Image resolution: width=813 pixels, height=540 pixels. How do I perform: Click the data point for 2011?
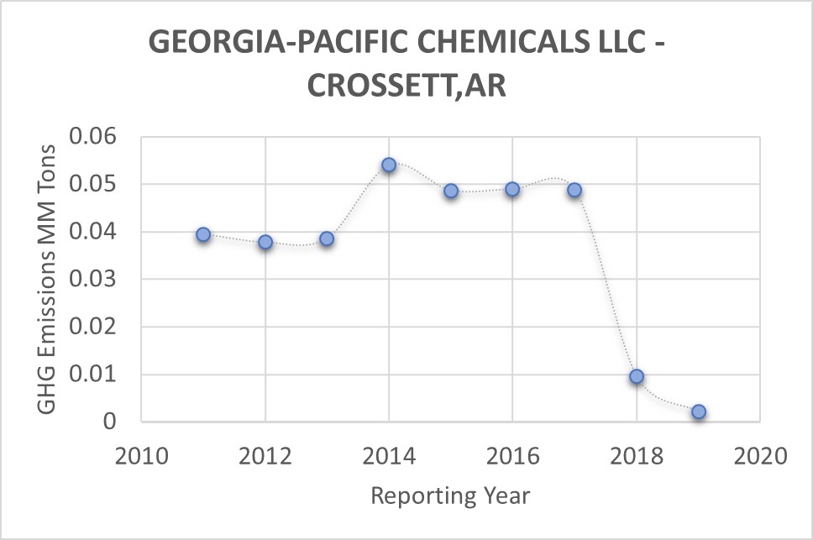point(203,234)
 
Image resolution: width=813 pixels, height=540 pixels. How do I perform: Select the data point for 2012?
point(265,242)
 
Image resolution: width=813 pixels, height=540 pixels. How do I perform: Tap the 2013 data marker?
point(327,239)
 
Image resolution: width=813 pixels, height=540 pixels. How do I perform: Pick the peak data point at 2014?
point(389,165)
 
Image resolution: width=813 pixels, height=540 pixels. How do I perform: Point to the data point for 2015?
point(451,191)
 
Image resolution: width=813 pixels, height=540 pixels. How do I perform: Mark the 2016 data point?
point(512,189)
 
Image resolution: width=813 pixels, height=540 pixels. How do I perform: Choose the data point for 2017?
point(574,190)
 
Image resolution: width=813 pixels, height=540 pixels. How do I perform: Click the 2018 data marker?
point(637,376)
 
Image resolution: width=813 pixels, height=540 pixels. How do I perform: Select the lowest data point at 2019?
point(698,412)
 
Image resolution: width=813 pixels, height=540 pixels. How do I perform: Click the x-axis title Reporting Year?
point(450,495)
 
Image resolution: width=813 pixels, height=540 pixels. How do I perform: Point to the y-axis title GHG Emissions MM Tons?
point(47,279)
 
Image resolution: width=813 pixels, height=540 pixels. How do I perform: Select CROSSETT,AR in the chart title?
point(406,85)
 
